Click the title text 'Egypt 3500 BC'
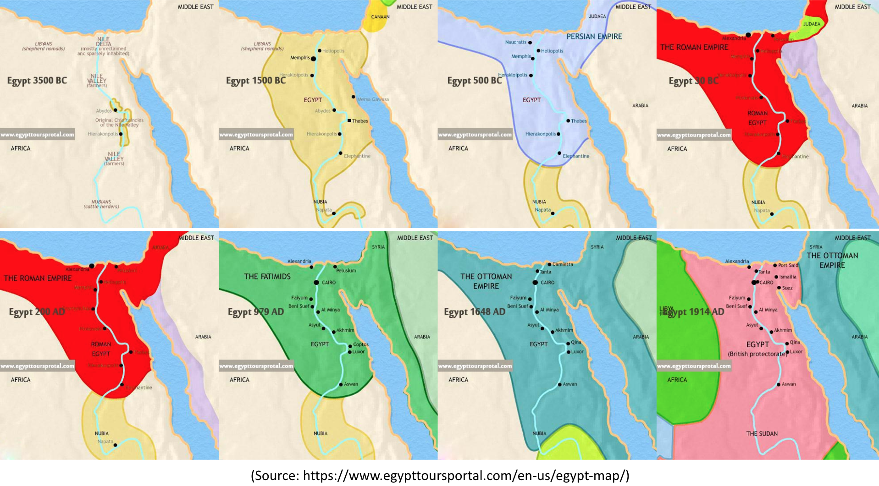pos(37,81)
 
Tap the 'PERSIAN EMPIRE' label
pos(594,37)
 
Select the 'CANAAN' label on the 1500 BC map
pos(380,17)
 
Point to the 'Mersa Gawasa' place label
pos(373,99)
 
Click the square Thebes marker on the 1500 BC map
pos(349,120)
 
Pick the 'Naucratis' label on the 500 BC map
pos(516,42)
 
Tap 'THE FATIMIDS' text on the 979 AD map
pos(267,277)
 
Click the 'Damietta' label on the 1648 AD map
pos(563,264)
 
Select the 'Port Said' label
pos(788,265)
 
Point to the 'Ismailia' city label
pos(787,277)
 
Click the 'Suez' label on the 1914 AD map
pos(787,288)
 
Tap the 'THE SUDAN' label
pos(762,434)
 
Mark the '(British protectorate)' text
pos(757,354)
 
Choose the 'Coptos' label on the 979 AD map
pos(360,344)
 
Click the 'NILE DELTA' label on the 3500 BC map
pos(104,42)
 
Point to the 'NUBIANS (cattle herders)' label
pos(101,204)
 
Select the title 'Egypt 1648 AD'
pos(474,312)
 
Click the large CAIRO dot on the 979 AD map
pos(316,283)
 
